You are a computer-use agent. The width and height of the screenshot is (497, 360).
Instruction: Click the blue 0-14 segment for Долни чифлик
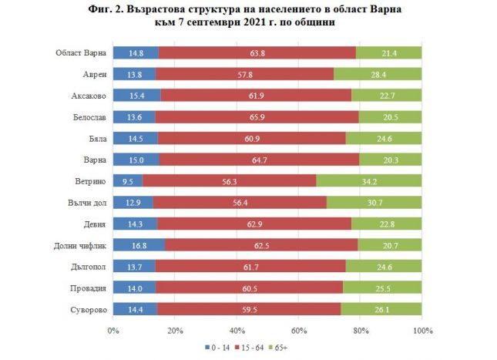(139, 245)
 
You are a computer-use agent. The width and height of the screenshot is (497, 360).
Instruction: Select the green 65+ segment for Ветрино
(369, 180)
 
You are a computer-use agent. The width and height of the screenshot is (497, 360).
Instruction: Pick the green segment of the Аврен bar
(378, 75)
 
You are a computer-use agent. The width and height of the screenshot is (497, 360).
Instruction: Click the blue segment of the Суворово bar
(135, 309)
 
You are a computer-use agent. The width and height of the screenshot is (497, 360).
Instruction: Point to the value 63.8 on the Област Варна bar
(257, 53)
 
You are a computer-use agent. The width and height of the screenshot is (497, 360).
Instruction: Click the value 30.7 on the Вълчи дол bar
(374, 203)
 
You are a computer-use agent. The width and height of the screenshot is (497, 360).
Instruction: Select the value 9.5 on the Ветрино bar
(127, 180)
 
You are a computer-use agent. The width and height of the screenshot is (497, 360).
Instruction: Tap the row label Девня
(92, 224)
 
